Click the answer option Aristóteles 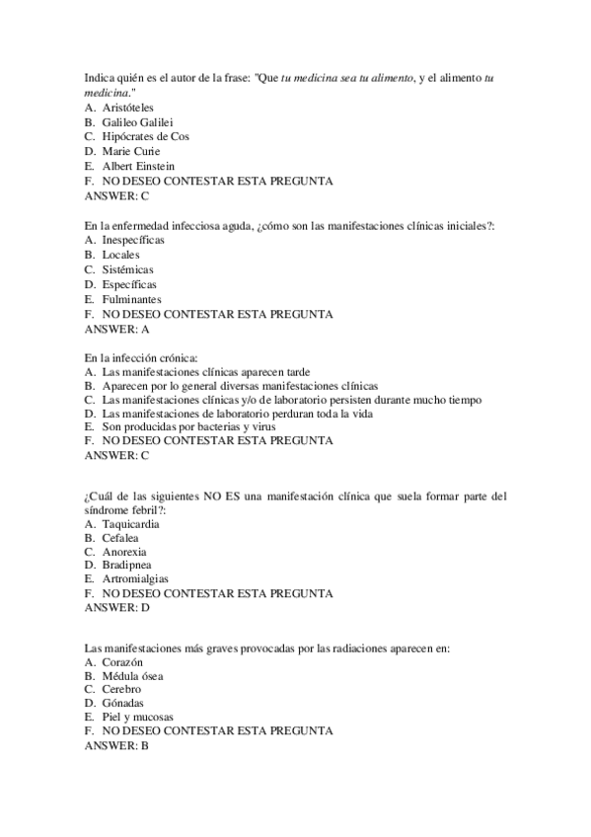[127, 107]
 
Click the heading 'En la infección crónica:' [141, 356]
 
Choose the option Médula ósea [132, 676]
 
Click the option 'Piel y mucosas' [137, 717]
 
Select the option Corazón [123, 661]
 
